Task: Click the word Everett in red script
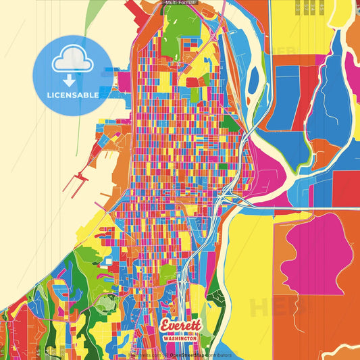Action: (x=180, y=325)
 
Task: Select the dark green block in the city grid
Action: (x=230, y=123)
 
